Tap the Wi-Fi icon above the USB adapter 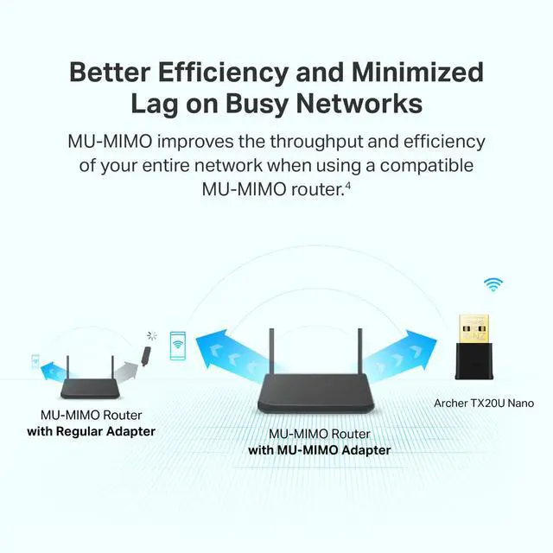pyautogui.click(x=493, y=283)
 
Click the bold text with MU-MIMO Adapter pyautogui.click(x=319, y=450)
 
